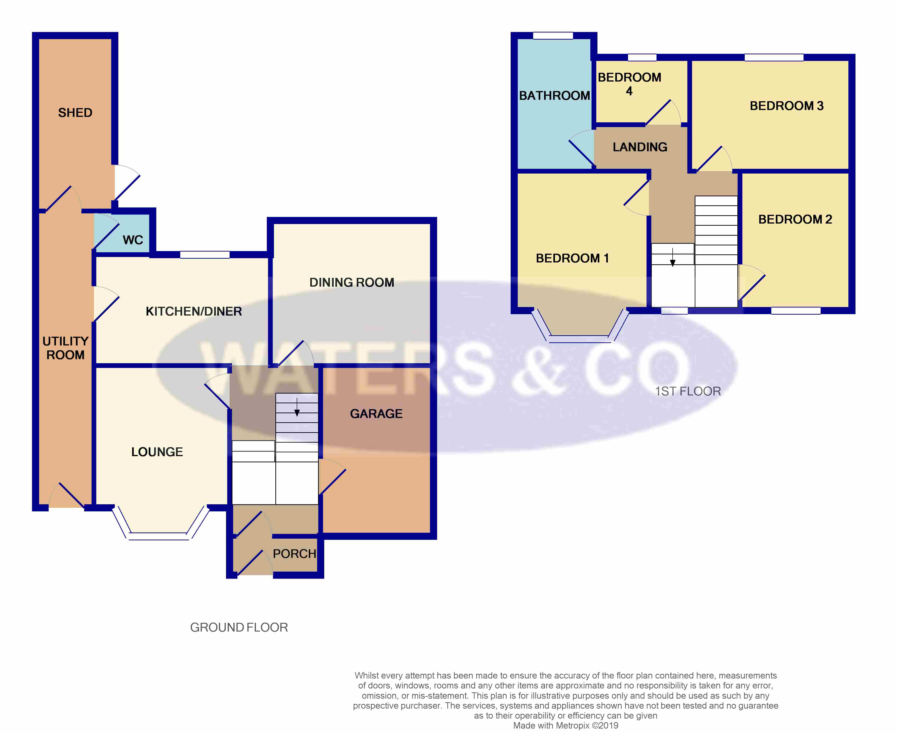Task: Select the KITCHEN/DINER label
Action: [194, 311]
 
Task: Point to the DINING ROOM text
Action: [351, 282]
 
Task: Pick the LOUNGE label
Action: [157, 452]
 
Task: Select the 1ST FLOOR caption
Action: [688, 391]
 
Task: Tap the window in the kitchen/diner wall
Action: [205, 255]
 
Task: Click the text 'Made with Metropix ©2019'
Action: [565, 725]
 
